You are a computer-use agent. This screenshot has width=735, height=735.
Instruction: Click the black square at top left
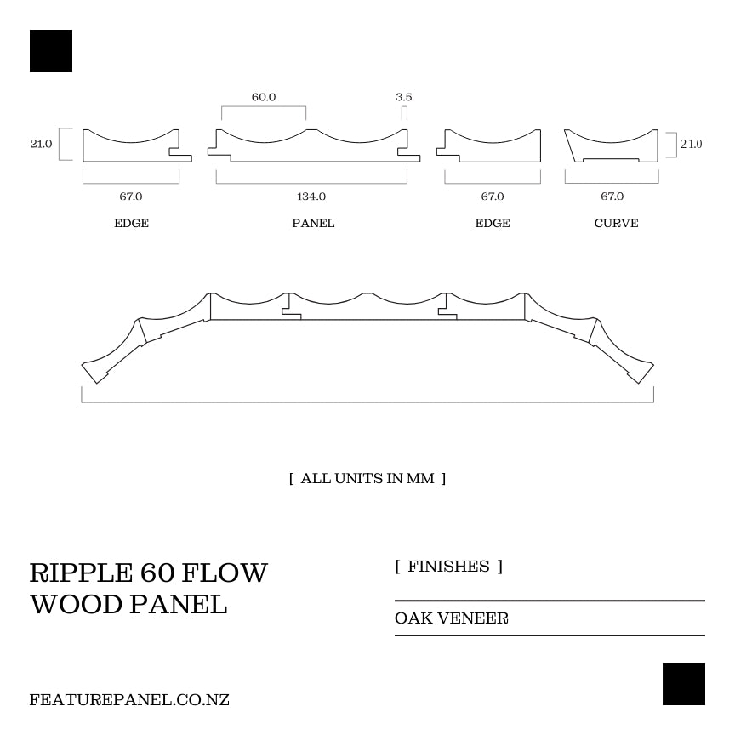(51, 51)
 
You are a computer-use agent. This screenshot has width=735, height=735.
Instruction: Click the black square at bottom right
(684, 684)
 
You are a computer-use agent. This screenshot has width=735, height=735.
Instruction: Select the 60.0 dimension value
(264, 97)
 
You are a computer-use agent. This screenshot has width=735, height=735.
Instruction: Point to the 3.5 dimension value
(403, 97)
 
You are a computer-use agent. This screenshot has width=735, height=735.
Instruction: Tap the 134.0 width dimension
(311, 197)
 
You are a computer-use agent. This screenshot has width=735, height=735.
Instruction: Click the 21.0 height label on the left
(41, 144)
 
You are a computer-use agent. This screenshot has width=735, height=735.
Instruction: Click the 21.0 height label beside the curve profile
(691, 144)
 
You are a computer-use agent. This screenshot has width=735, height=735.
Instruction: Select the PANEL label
(313, 223)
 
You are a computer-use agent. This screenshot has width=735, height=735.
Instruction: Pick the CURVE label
(616, 223)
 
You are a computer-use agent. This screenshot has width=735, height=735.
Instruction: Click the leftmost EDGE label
(131, 223)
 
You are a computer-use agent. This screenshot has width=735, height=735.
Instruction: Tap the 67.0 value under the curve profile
(612, 197)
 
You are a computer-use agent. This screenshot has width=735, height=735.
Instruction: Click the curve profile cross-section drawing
(612, 147)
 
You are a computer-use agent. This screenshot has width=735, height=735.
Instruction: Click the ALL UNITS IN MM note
(367, 478)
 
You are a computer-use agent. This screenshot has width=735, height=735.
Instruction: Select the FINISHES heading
(448, 567)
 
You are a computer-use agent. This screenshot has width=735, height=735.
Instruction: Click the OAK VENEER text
(452, 618)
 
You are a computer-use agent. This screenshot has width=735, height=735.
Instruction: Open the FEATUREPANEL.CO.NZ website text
(129, 700)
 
